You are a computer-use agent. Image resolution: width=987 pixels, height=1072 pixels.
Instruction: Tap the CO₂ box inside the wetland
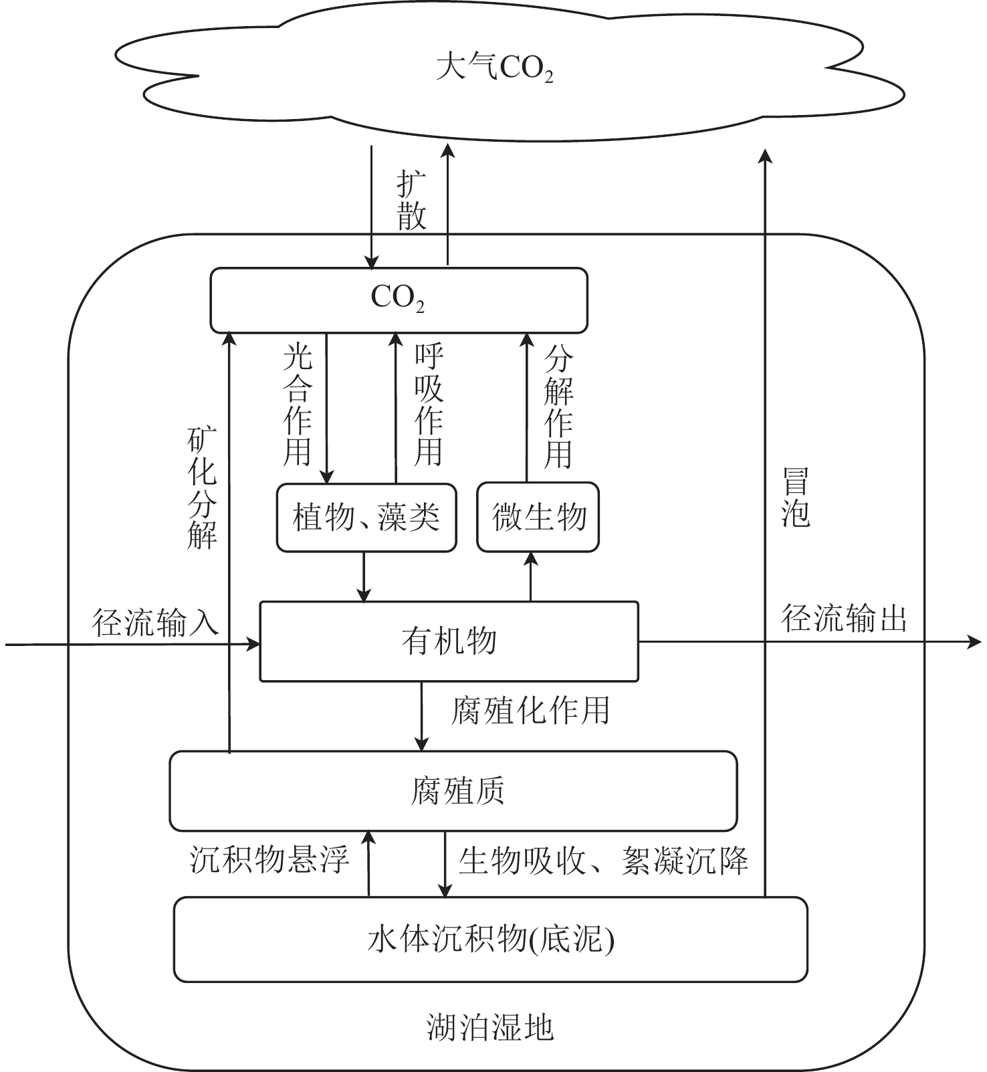pos(399,300)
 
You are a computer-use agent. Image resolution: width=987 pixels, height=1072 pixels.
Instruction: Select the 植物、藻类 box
pos(366,518)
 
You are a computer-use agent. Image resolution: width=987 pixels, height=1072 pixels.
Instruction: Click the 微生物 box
pos(538,518)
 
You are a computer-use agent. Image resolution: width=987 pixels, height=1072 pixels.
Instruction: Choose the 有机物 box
pos(449,641)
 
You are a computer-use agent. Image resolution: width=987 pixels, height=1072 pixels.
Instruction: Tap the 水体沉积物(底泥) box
pos(490,939)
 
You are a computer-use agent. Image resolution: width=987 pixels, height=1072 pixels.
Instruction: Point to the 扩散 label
pos(411,200)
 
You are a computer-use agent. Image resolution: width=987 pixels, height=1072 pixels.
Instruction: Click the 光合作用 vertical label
pos(298,405)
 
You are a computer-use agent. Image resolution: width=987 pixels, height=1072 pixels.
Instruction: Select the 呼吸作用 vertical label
pos(429,405)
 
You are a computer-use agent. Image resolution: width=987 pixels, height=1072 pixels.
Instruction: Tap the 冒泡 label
pos(796,498)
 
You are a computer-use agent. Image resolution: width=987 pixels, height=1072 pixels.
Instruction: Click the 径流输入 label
pos(156,623)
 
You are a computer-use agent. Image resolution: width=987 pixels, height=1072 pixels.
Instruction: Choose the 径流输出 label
pos(845,619)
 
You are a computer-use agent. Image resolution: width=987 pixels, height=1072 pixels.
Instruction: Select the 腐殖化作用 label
pos(530,710)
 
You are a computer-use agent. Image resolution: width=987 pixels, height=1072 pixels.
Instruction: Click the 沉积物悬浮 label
pos(269,859)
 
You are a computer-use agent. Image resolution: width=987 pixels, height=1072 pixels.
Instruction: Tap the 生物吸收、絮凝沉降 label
pos(603,861)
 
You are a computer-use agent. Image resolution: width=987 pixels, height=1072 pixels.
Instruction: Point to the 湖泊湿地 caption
pos(490,1027)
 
